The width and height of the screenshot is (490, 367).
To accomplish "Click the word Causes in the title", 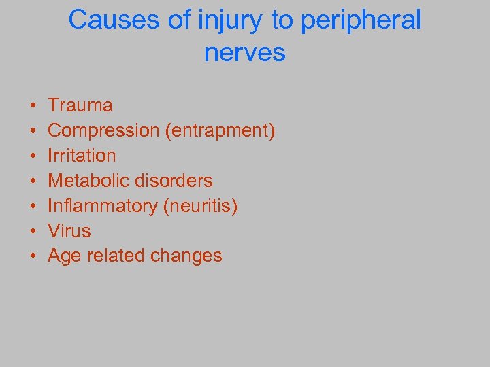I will (x=108, y=20).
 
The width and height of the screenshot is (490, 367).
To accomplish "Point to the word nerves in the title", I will (x=245, y=52).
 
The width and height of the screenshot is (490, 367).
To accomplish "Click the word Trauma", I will (x=80, y=105).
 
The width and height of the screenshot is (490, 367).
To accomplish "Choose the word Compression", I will (x=104, y=130).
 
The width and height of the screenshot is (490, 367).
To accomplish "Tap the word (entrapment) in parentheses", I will (x=220, y=130).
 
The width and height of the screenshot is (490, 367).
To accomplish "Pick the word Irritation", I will (x=82, y=156).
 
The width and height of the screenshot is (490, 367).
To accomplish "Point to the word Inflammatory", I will (x=103, y=206).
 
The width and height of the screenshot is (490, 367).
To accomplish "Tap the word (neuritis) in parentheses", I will (x=201, y=206).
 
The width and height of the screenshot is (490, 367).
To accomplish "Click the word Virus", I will (x=69, y=231).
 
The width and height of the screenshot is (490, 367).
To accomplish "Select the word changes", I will (x=188, y=256).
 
